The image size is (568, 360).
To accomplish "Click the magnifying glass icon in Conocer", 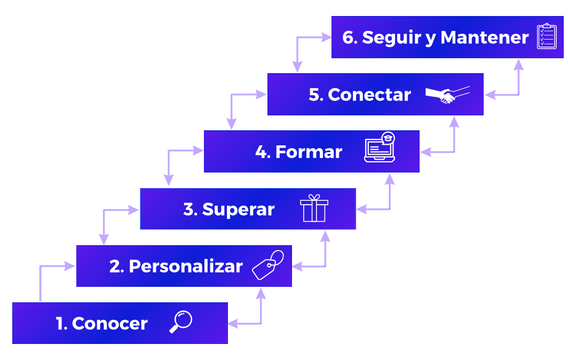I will [180, 322].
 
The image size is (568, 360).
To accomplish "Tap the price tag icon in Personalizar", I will [268, 264].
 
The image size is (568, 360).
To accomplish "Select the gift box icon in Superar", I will [314, 208].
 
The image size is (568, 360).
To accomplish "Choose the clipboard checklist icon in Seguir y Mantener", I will [546, 37].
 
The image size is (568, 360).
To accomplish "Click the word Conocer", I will [109, 323].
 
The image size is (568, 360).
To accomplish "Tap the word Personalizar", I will [185, 266].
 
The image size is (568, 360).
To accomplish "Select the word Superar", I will [238, 209].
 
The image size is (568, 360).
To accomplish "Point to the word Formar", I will [309, 152].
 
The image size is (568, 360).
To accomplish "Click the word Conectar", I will [369, 95].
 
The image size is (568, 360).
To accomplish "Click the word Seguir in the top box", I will [392, 38].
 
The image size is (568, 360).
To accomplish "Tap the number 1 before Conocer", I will [60, 323].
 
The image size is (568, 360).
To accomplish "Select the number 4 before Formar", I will [261, 152].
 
